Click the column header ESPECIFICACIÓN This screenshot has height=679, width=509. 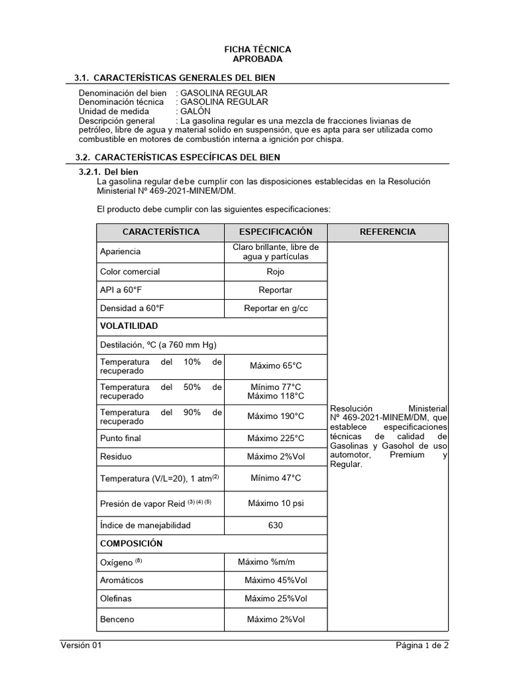[x=275, y=231]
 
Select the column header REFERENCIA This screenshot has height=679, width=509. [x=388, y=231]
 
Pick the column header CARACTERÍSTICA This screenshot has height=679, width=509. [x=160, y=231]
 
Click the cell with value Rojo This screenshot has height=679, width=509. [x=275, y=271]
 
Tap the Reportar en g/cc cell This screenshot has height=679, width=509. [x=275, y=308]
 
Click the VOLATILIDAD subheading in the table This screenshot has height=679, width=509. [x=129, y=326]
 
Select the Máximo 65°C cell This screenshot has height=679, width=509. [x=275, y=365]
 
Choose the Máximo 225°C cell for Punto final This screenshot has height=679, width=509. [x=275, y=438]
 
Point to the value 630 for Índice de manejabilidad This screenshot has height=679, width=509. [x=275, y=525]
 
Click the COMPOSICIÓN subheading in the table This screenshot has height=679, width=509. [x=131, y=543]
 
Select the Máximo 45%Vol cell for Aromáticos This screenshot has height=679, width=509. [x=275, y=580]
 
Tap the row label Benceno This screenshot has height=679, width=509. [x=117, y=619]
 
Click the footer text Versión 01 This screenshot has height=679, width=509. [x=81, y=645]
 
